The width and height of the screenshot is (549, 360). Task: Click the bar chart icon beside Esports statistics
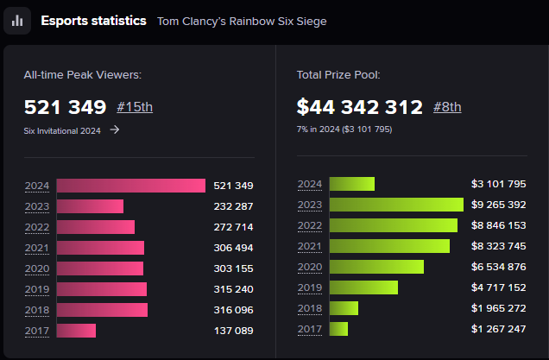(17, 21)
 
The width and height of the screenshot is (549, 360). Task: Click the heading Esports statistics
(93, 20)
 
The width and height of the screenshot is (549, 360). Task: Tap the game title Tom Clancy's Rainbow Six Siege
(242, 21)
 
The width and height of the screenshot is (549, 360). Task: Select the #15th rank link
(135, 107)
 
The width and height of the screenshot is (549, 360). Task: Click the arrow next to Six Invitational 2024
(115, 129)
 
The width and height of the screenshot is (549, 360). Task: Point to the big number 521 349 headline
(66, 107)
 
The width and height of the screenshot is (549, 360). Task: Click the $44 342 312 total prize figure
(359, 107)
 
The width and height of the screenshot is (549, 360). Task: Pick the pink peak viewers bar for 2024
(130, 186)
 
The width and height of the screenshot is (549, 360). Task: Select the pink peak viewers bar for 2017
(76, 331)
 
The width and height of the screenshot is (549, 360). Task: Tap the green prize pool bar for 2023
(396, 205)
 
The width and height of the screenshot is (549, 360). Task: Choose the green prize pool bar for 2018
(344, 308)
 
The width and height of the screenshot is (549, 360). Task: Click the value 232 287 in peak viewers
(233, 206)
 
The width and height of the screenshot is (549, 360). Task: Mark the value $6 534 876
(498, 267)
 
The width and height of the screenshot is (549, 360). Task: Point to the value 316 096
(233, 310)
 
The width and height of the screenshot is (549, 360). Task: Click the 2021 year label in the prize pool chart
(309, 246)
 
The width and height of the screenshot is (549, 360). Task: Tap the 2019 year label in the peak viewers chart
(37, 289)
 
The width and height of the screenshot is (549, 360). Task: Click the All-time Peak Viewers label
(82, 75)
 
